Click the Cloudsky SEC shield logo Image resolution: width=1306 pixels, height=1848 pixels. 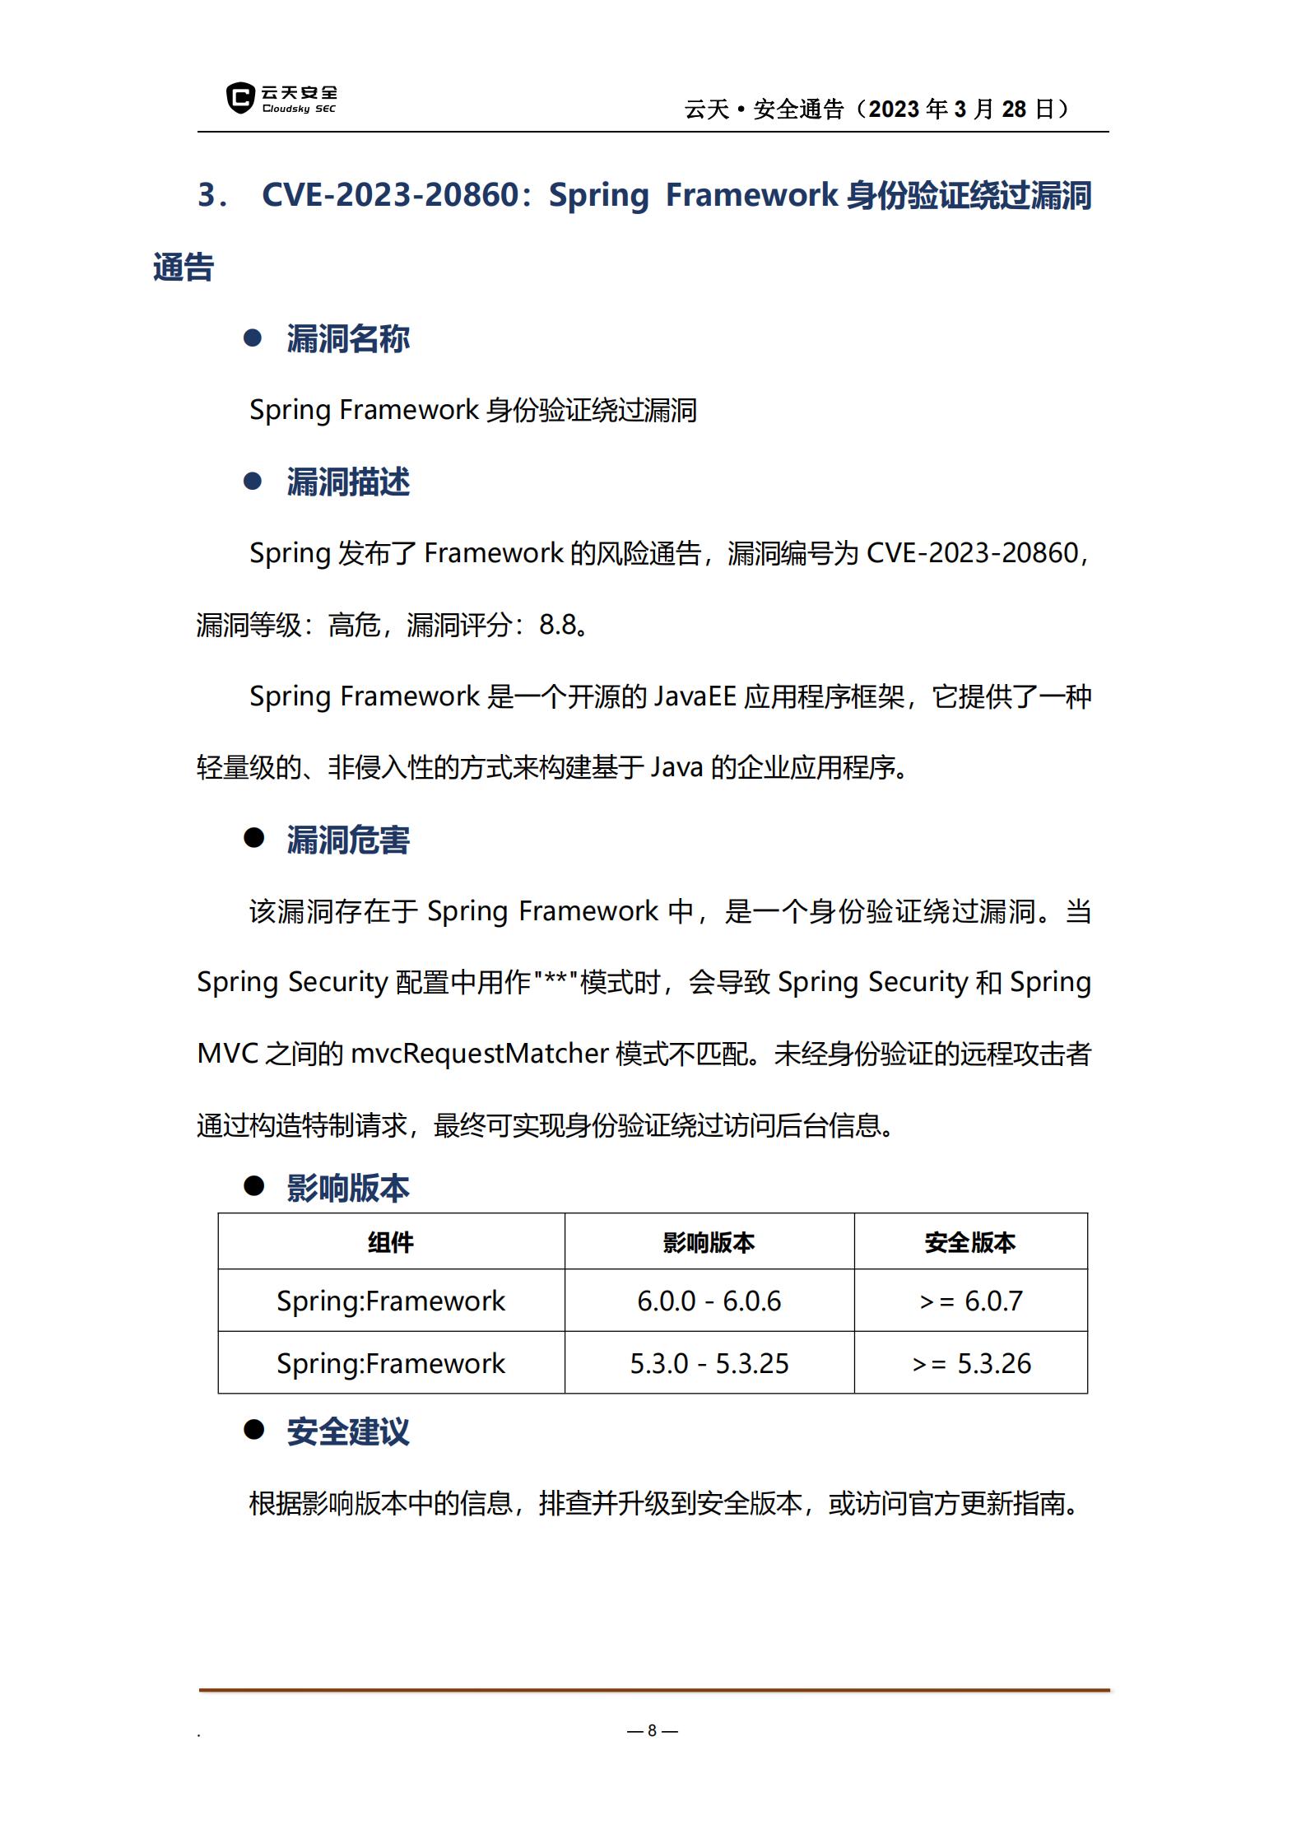pyautogui.click(x=240, y=98)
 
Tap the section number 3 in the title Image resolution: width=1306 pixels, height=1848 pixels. pyautogui.click(x=207, y=196)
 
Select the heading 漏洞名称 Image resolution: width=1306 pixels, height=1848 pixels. pyautogui.click(x=347, y=339)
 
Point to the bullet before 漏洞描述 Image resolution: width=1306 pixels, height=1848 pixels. pyautogui.click(x=253, y=482)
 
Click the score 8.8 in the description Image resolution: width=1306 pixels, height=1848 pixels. pyautogui.click(x=557, y=626)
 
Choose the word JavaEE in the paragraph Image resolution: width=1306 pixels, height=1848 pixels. pyautogui.click(x=695, y=696)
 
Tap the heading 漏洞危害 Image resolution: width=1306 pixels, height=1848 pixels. pyautogui.click(x=347, y=840)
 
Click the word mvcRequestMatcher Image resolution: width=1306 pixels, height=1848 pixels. pyautogui.click(x=480, y=1054)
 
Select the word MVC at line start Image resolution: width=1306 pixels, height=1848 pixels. pyautogui.click(x=228, y=1054)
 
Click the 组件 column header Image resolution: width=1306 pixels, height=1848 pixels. pyautogui.click(x=391, y=1242)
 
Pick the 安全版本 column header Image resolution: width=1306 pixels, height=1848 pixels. pyautogui.click(x=970, y=1242)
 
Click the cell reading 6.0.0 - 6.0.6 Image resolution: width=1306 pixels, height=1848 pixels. pyautogui.click(x=709, y=1301)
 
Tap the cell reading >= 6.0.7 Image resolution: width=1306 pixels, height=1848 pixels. pyautogui.click(x=970, y=1301)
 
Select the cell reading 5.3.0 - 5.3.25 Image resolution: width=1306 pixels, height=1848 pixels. pyautogui.click(x=709, y=1364)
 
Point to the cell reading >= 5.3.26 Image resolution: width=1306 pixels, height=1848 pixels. pyautogui.click(x=970, y=1364)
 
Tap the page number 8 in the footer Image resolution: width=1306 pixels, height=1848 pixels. pyautogui.click(x=652, y=1730)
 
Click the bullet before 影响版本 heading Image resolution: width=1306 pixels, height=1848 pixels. pyautogui.click(x=253, y=1186)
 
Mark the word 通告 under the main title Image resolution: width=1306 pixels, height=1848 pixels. pyautogui.click(x=183, y=268)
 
